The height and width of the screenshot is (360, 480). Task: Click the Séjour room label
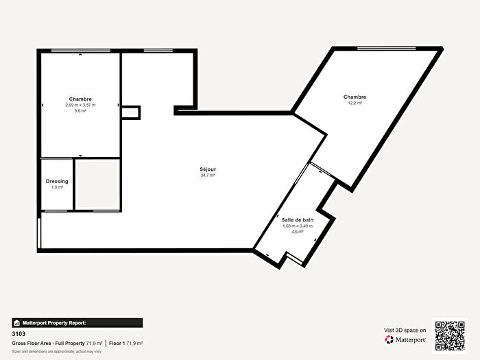pyautogui.click(x=208, y=169)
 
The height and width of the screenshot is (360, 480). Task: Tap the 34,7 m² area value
pyautogui.click(x=208, y=176)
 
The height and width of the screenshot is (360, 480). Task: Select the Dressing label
pyautogui.click(x=57, y=181)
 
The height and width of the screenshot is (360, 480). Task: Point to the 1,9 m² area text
pyautogui.click(x=57, y=187)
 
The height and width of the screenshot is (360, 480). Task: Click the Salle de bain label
pyautogui.click(x=298, y=219)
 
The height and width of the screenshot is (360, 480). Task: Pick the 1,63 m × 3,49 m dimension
pyautogui.click(x=298, y=226)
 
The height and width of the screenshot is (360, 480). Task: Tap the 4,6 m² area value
pyautogui.click(x=298, y=232)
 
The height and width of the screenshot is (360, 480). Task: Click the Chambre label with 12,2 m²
pyautogui.click(x=355, y=97)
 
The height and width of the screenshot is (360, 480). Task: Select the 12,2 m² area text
pyautogui.click(x=355, y=104)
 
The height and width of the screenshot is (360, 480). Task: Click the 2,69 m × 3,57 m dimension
pyautogui.click(x=80, y=105)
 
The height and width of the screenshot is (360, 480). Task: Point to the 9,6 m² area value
pyautogui.click(x=80, y=111)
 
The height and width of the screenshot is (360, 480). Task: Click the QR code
pyautogui.click(x=451, y=335)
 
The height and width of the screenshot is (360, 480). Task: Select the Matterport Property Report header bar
pyautogui.click(x=77, y=322)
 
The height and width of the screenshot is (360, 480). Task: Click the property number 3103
pyautogui.click(x=19, y=334)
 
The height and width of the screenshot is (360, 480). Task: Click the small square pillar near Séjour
pyautogui.click(x=130, y=112)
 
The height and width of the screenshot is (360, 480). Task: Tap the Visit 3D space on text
pyautogui.click(x=405, y=330)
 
